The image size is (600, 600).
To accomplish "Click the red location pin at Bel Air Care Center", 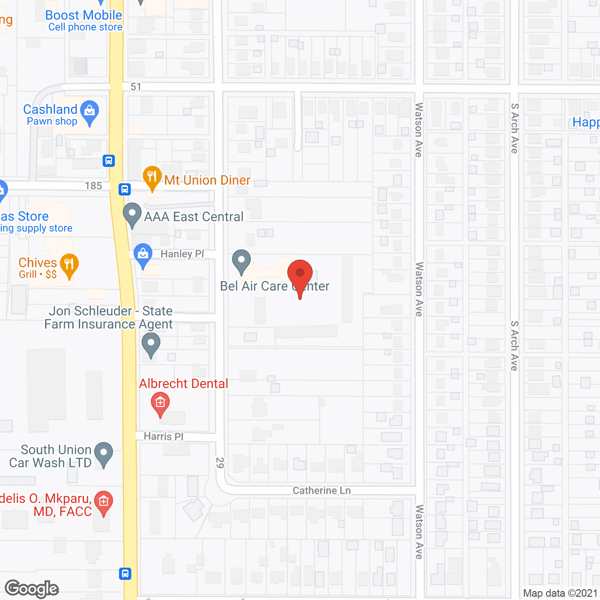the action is (x=300, y=274).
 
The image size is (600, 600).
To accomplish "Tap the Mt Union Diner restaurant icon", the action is (x=152, y=177).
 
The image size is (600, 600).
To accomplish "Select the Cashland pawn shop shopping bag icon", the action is (x=89, y=112).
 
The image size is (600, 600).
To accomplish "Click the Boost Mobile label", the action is (x=83, y=15).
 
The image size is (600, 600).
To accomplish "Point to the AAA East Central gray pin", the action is (x=132, y=214).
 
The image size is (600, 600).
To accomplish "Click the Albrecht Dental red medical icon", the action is (x=160, y=403).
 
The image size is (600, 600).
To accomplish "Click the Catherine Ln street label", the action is (x=322, y=491).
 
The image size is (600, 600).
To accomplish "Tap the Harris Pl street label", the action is (x=164, y=436).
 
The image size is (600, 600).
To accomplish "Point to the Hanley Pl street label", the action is (x=182, y=254).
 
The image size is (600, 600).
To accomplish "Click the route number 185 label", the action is (x=93, y=186).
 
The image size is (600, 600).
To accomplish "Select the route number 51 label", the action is (x=136, y=87).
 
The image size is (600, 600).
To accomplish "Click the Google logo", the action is (x=32, y=589).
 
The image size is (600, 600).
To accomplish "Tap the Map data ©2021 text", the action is (x=560, y=593).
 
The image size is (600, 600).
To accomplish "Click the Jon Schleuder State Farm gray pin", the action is (x=151, y=345).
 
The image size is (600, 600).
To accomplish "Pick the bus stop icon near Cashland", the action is (x=109, y=161).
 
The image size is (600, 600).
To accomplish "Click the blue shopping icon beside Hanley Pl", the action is (x=143, y=255).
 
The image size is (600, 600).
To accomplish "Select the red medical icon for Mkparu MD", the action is (x=104, y=502).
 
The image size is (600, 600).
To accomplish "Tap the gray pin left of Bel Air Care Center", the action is (x=241, y=261).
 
